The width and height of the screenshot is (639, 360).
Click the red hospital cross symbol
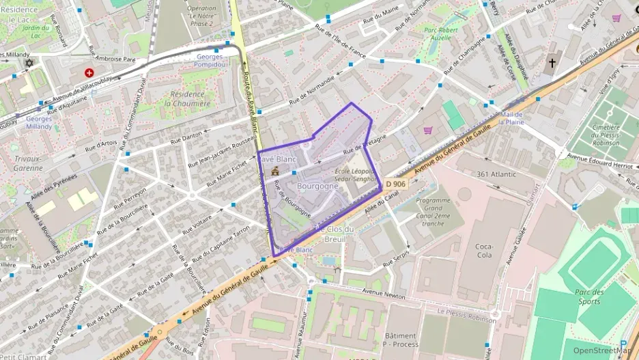[x=88, y=72]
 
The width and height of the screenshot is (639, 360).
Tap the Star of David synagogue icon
[x=29, y=64]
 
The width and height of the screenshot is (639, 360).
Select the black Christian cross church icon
[x=552, y=64]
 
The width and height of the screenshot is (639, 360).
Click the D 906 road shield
[x=395, y=184]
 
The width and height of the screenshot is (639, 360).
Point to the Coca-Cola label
[x=483, y=251]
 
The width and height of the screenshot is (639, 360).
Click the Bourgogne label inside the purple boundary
[x=317, y=186]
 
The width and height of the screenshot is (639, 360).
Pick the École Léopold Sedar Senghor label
[x=355, y=175]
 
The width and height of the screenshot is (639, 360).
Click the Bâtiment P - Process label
[x=401, y=340]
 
